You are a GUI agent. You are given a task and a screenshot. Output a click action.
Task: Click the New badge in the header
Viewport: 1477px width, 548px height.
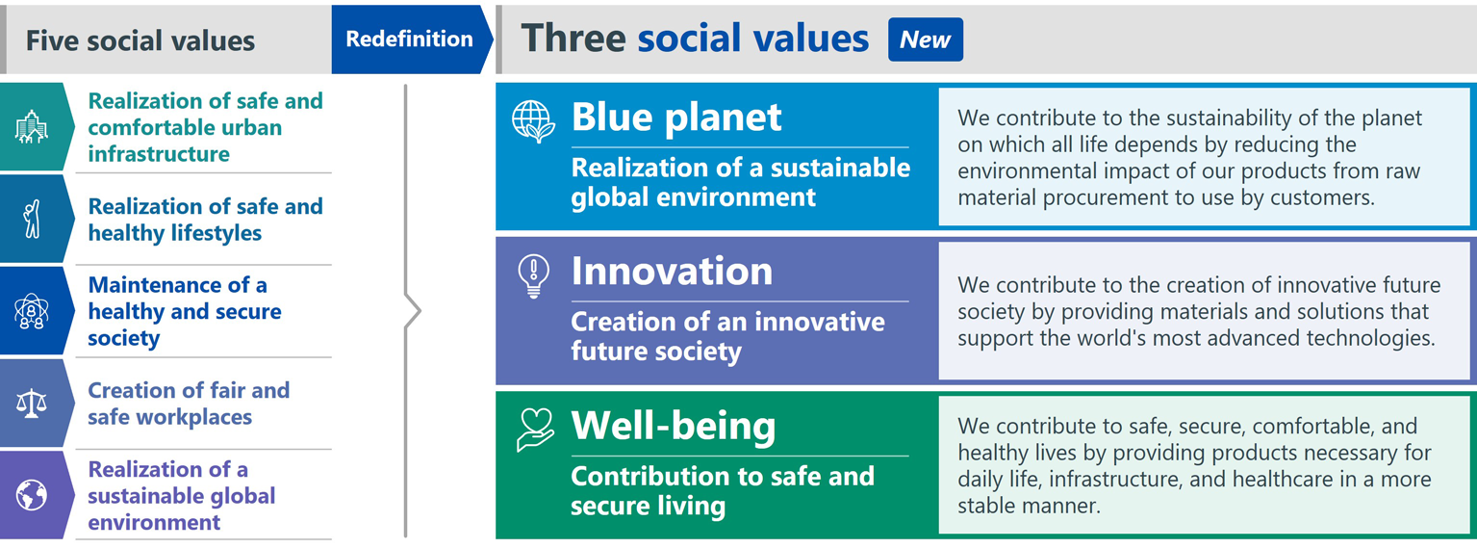[925, 39]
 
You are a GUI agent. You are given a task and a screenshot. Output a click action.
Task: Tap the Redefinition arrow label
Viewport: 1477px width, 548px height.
[410, 39]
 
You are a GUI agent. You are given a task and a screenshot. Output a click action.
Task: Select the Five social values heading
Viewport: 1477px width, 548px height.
[140, 41]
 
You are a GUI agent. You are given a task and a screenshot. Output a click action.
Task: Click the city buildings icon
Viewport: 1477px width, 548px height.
[32, 127]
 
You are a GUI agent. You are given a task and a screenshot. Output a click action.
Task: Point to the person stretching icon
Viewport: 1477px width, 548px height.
[32, 219]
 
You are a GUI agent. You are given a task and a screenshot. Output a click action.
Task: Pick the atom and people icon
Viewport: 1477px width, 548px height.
[32, 311]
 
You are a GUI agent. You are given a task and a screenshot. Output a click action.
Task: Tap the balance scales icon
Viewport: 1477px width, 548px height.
[32, 404]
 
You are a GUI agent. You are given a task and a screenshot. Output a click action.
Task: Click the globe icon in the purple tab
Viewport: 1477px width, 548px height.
[32, 495]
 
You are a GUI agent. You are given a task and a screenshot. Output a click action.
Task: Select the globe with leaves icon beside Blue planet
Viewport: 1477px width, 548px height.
[533, 122]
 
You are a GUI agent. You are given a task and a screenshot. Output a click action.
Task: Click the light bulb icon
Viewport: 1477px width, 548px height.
[533, 276]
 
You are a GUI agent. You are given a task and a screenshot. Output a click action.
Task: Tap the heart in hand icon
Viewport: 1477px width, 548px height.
[535, 430]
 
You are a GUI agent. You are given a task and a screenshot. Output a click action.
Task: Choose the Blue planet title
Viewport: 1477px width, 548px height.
[676, 117]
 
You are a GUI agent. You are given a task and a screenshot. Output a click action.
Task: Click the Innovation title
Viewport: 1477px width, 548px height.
[672, 272]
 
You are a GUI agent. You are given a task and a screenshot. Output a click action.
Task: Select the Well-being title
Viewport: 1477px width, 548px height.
[674, 426]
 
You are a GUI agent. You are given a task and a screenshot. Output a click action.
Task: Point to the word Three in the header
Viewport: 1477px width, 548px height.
[573, 38]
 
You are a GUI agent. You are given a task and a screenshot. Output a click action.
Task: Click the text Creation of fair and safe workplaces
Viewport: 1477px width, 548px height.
[189, 404]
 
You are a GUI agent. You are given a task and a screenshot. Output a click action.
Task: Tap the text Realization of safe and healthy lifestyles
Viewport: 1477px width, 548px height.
[206, 220]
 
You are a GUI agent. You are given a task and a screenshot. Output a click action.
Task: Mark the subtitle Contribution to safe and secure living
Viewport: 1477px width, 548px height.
[723, 490]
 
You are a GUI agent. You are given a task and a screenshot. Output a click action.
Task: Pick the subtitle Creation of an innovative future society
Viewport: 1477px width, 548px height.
[728, 336]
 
